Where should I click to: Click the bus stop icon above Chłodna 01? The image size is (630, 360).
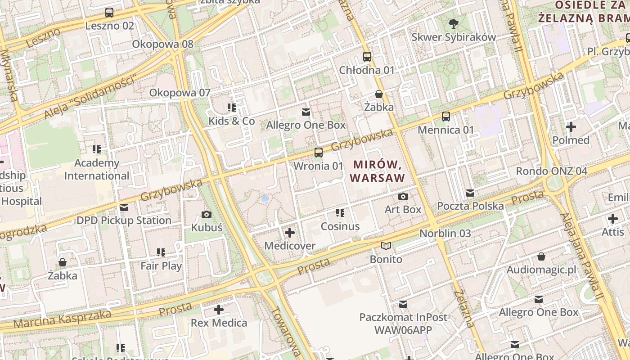(x=367, y=57)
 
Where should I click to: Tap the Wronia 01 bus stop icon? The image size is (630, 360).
(x=319, y=153)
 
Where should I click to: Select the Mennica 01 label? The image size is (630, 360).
(x=445, y=130)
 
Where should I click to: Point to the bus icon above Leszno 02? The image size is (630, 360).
(x=109, y=13)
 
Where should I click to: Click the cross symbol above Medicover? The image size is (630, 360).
(x=290, y=233)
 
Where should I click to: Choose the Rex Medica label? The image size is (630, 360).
(x=219, y=323)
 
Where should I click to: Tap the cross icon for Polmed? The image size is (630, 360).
(x=571, y=127)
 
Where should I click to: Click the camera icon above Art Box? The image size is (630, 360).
(x=403, y=196)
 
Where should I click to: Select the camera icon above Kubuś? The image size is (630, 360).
(x=207, y=214)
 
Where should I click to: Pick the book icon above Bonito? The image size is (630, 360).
(x=386, y=246)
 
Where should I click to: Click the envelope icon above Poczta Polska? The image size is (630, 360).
(x=470, y=193)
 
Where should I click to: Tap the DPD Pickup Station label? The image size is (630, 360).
(x=124, y=220)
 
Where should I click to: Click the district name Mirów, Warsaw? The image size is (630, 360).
(x=377, y=171)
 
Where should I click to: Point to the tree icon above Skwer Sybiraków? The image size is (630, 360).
(x=453, y=24)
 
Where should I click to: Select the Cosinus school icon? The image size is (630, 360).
(x=340, y=213)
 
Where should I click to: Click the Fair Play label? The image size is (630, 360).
(x=161, y=266)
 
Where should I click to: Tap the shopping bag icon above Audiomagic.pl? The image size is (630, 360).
(x=541, y=256)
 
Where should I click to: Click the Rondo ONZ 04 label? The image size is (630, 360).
(x=551, y=171)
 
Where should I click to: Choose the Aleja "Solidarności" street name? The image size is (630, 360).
(x=90, y=98)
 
